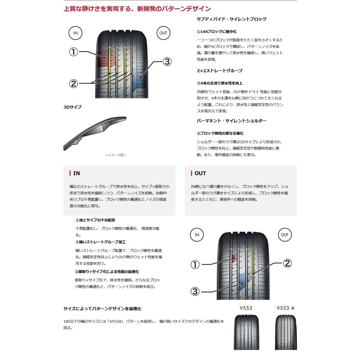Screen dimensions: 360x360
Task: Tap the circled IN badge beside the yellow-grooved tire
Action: pos(76,33)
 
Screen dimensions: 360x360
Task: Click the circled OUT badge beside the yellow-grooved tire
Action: pos(163,33)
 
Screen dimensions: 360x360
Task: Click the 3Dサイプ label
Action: pos(72,108)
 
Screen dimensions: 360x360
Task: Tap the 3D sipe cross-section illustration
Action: pos(95,132)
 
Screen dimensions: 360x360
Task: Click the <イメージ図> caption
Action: pos(116,155)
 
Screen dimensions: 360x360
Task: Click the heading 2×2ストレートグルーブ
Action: pos(220,71)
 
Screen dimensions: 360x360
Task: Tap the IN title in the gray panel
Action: pos(76,174)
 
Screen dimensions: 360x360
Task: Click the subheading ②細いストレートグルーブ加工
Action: pos(100,242)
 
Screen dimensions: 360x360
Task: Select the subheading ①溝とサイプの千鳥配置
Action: pos(95,220)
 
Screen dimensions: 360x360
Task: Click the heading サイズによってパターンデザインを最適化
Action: pos(102,309)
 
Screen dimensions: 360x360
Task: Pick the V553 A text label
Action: pos(285,308)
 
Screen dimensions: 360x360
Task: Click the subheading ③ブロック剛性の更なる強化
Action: pos(220,133)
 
